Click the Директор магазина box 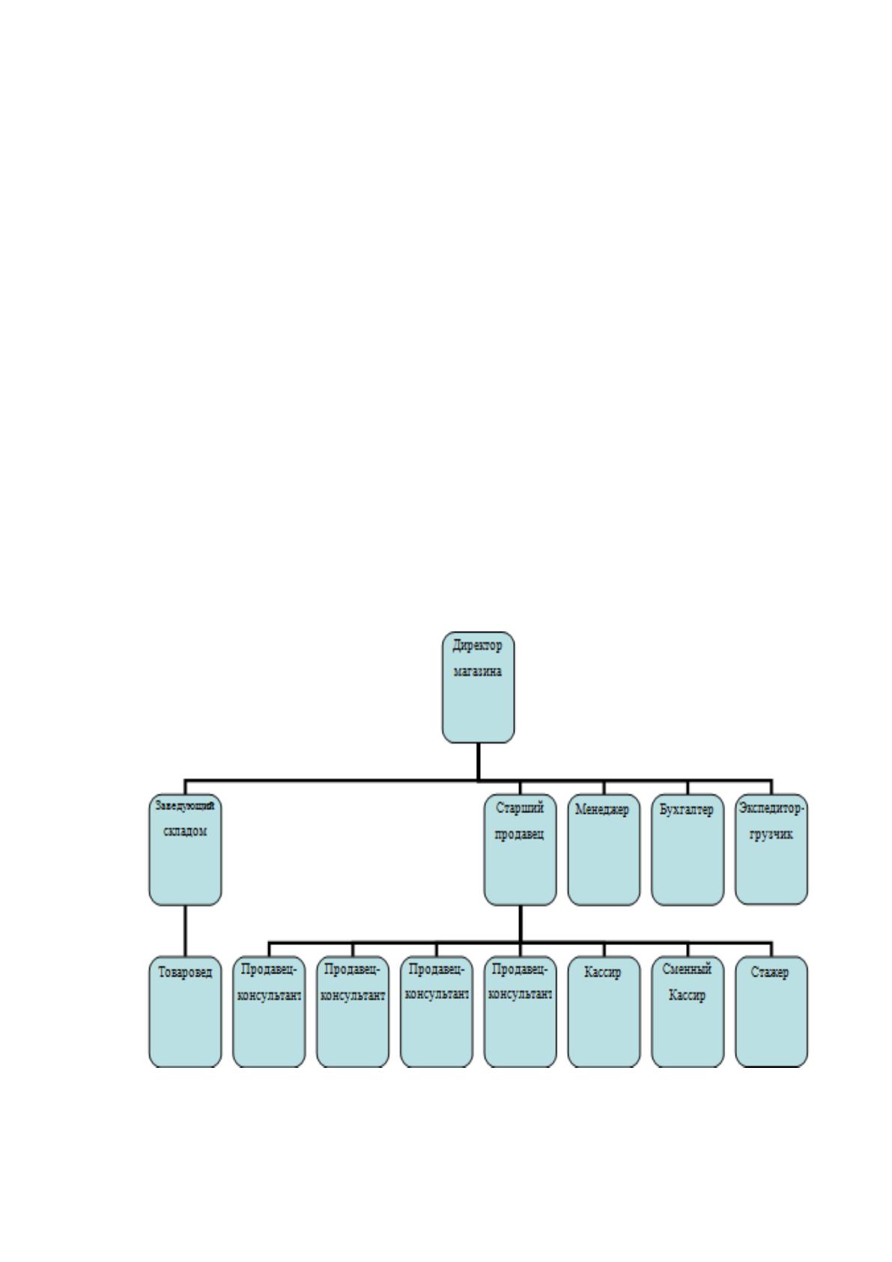[x=478, y=686]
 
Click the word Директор [x=478, y=646]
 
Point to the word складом [x=185, y=832]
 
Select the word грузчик [x=771, y=834]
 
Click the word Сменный [x=687, y=968]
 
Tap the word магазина [x=478, y=671]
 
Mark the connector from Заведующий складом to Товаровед [x=185, y=931]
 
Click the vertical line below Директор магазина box [x=478, y=761]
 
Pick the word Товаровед [x=185, y=973]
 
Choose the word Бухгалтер [x=687, y=810]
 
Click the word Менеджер [x=603, y=809]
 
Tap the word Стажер [x=770, y=973]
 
